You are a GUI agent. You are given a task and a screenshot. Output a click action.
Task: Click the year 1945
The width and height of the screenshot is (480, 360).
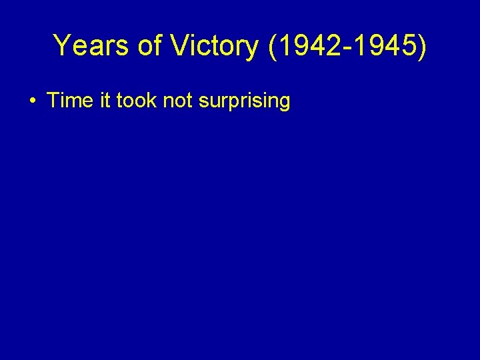(x=385, y=45)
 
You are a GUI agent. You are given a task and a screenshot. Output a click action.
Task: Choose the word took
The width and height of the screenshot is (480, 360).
(x=136, y=101)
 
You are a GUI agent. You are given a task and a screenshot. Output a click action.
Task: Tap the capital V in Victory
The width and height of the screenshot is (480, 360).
(x=179, y=45)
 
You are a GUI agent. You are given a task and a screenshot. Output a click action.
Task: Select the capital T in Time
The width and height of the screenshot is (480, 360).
(x=53, y=101)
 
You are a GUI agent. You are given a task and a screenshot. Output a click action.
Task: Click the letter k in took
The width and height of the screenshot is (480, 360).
(x=153, y=101)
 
